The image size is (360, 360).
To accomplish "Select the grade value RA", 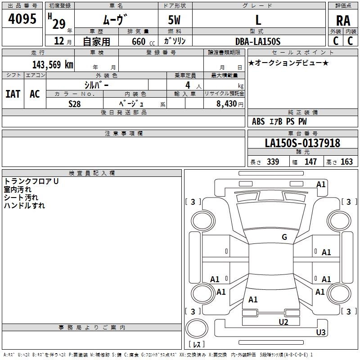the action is (x=343, y=21).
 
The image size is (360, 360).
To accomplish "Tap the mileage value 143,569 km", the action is (x=53, y=65).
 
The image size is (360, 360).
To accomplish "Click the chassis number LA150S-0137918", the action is (x=302, y=143).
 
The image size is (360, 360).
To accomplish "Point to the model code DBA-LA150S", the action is (x=258, y=41).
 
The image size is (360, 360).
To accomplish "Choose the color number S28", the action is (x=74, y=103).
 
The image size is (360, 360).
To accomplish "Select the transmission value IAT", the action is (x=13, y=94).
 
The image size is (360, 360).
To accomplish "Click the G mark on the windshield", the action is (x=284, y=237).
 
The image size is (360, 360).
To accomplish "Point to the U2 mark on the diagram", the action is (x=283, y=321).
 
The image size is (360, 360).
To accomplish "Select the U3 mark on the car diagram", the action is (x=320, y=333).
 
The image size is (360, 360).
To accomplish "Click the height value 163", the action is (x=346, y=162).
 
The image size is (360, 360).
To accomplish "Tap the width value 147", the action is (x=310, y=162).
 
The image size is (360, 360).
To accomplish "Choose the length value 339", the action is (x=273, y=162).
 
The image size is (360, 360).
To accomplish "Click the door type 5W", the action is (x=175, y=20).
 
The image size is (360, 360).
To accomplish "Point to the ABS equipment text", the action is (x=258, y=121).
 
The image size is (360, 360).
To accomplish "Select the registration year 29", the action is (x=58, y=23).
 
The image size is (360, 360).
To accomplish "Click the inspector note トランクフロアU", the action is (x=31, y=181).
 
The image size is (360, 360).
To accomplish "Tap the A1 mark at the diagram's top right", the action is (x=321, y=184).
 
